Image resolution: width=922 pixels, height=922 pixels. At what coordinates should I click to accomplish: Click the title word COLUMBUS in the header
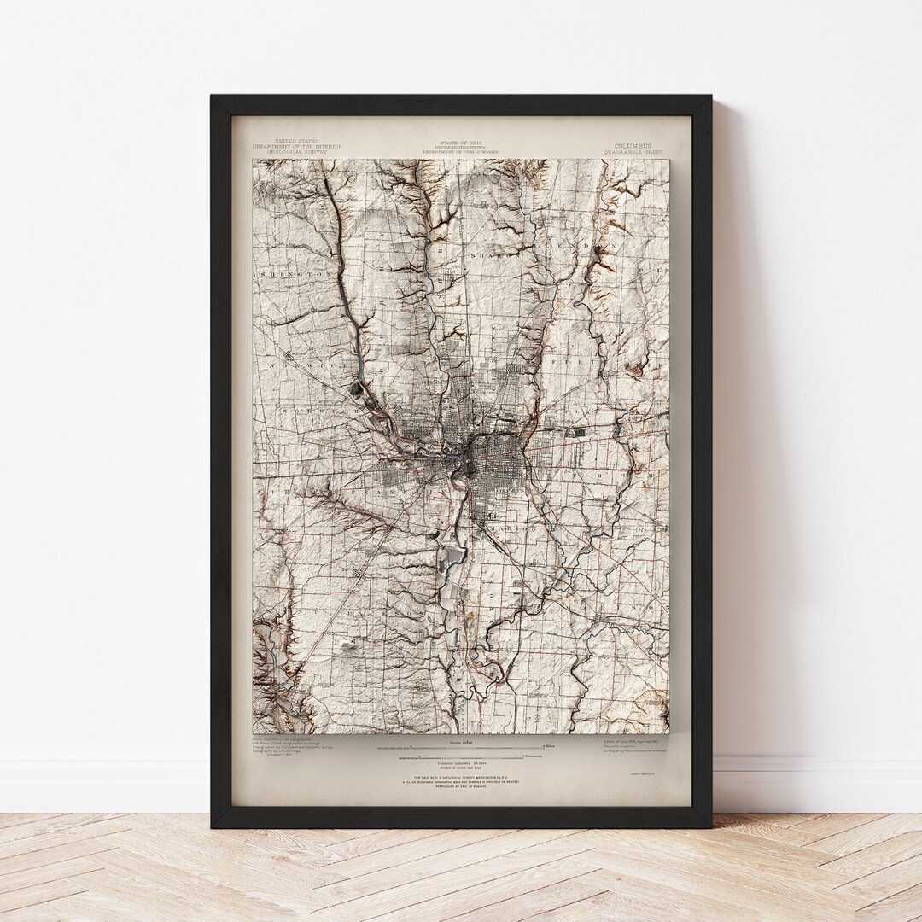633,146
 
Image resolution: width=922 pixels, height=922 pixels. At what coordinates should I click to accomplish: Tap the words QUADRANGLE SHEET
633,153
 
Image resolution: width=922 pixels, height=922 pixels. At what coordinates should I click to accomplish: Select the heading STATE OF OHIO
460,142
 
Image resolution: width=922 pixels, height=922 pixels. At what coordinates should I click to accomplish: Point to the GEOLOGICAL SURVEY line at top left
296,151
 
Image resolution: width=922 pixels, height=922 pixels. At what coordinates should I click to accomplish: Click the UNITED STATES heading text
296,141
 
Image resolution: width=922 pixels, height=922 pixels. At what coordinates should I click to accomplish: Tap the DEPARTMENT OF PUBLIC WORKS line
460,152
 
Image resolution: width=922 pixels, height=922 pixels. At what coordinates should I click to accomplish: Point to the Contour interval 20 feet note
461,762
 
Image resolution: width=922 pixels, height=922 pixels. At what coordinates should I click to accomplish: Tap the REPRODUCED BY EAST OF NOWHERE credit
461,790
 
